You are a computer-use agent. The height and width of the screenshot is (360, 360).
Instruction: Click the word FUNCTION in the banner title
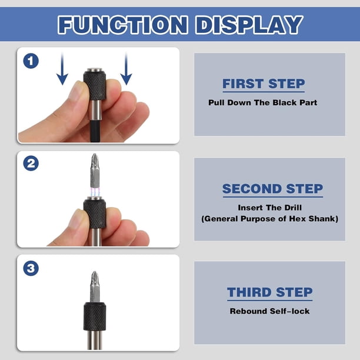tap(123, 25)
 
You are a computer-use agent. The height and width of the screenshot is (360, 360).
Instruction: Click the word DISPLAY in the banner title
tap(249, 25)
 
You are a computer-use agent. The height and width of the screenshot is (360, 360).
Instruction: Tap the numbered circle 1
tap(31, 61)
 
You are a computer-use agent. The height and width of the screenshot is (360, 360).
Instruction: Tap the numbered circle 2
tap(31, 164)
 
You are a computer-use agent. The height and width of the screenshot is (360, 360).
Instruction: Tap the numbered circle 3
tap(31, 268)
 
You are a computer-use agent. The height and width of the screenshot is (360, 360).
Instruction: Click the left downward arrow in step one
tap(62, 68)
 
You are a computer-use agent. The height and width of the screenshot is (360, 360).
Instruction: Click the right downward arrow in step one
tap(126, 68)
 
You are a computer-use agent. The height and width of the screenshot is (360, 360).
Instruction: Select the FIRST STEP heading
tap(264, 84)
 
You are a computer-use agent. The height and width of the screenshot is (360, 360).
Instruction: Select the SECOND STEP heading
tap(272, 189)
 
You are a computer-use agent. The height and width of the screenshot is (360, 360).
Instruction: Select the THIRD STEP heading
tap(270, 292)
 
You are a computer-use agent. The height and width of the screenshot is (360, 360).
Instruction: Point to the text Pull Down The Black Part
tap(263, 102)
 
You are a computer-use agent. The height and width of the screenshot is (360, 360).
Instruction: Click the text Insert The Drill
tap(269, 208)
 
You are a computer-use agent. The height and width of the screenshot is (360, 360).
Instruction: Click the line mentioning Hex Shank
tap(270, 219)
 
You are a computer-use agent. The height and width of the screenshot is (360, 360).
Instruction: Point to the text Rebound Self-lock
tap(270, 311)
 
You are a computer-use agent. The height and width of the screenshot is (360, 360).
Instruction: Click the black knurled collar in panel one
tap(95, 85)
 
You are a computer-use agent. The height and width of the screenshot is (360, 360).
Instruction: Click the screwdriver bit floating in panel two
tap(95, 171)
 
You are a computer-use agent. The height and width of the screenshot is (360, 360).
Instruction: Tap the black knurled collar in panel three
tap(95, 316)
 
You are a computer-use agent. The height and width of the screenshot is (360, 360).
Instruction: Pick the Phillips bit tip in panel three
tap(95, 278)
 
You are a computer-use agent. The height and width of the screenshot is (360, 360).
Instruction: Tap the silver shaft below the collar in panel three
tap(95, 340)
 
